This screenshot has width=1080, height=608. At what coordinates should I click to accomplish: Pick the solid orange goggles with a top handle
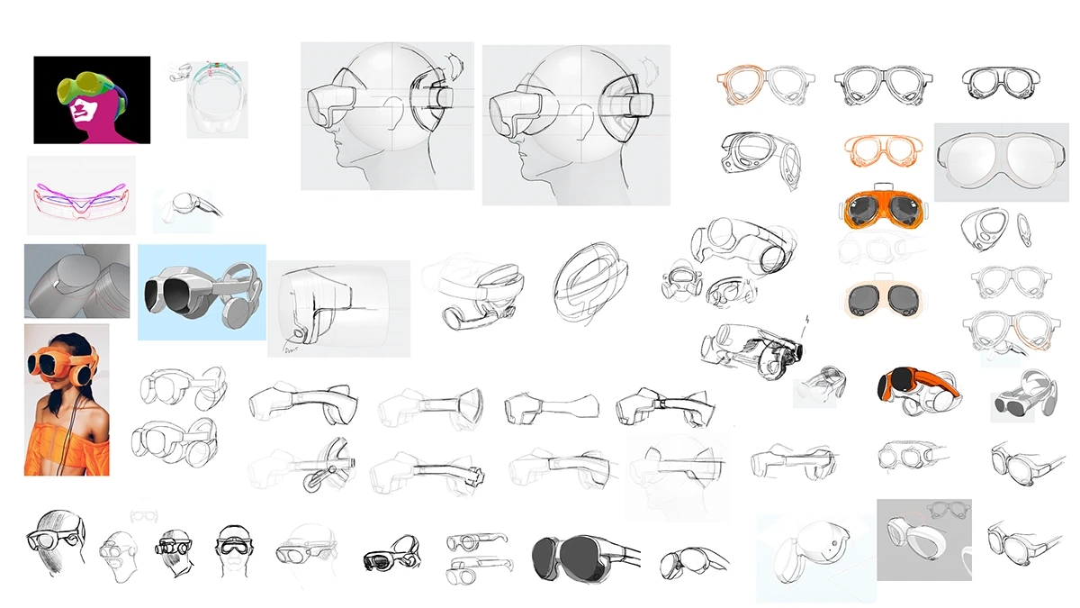[x=886, y=210]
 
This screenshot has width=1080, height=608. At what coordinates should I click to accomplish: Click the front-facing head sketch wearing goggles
[x=234, y=548]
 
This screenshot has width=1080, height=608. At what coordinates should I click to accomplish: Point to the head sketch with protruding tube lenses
[x=175, y=547]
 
